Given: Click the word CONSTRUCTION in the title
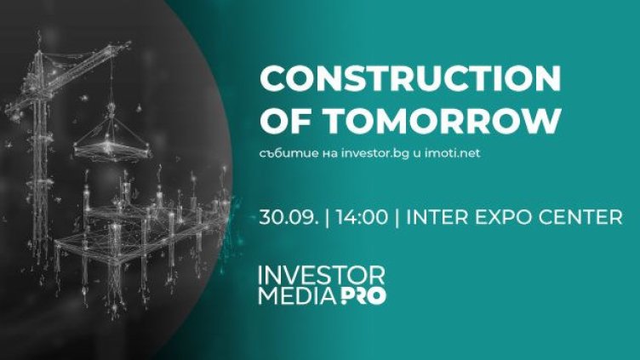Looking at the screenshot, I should [x=409, y=79].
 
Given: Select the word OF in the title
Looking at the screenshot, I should [x=280, y=121].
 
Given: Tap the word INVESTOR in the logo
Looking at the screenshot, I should [x=323, y=276].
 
